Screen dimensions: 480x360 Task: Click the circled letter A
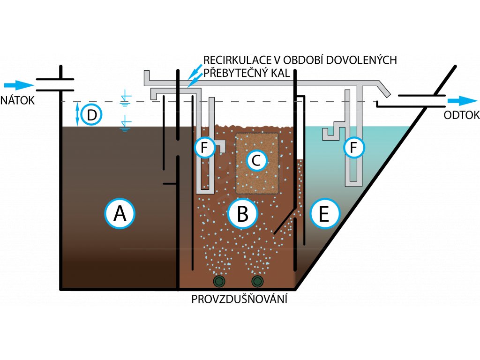tap(120, 213)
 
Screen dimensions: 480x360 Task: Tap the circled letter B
tap(242, 213)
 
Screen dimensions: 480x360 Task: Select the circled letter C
tap(256, 160)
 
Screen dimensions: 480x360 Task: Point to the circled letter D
tap(91, 115)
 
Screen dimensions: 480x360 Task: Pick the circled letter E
tap(324, 213)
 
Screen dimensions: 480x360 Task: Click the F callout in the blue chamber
tap(353, 148)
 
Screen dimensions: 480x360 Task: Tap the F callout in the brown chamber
tap(204, 148)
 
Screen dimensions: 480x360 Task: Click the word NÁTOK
tap(18, 100)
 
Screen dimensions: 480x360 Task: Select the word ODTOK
tap(462, 115)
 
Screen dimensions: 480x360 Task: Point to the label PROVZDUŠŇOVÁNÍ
tap(240, 299)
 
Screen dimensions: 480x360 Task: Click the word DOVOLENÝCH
tap(361, 60)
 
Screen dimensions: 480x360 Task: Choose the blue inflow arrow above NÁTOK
tap(19, 85)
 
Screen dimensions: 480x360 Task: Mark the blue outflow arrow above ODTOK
tap(462, 101)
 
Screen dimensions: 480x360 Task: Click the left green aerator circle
tap(219, 281)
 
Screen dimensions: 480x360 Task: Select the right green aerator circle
tap(257, 281)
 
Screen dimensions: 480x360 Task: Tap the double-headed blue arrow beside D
tap(77, 115)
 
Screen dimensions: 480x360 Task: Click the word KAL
tap(282, 74)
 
